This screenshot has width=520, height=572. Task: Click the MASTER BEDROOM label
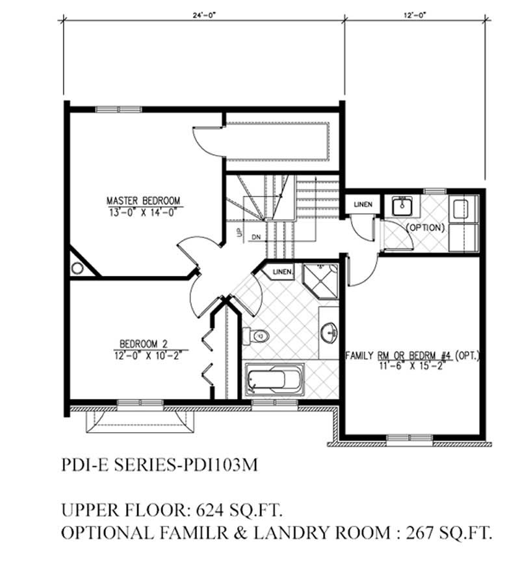pos(143,200)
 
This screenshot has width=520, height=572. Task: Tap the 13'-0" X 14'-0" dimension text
pos(143,211)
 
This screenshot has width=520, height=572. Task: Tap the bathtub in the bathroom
pos(276,380)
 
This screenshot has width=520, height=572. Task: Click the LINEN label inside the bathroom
pos(282,271)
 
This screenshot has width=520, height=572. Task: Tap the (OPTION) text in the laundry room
pos(426,228)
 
